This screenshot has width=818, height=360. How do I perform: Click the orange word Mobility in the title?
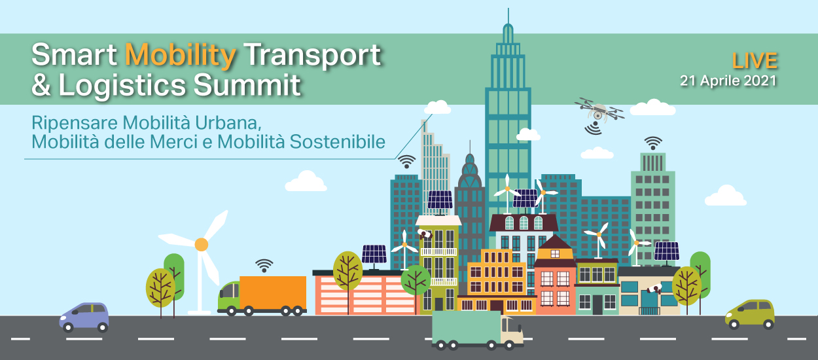pyautogui.click(x=181, y=56)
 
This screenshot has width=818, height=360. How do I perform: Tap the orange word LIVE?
pyautogui.click(x=755, y=61)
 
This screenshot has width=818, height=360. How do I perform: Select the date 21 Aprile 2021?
pyautogui.click(x=728, y=81)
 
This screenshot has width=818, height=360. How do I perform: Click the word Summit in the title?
pyautogui.click(x=247, y=84)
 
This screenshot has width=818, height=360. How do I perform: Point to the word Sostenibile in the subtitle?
pyautogui.click(x=338, y=141)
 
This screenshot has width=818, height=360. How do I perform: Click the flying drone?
pyautogui.click(x=599, y=109)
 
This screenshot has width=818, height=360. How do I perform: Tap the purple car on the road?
pyautogui.click(x=84, y=317)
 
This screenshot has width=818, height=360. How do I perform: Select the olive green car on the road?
pyautogui.click(x=750, y=314)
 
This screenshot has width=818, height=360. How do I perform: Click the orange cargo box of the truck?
pyautogui.click(x=273, y=293)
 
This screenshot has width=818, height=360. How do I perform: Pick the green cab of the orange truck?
pyautogui.click(x=228, y=295)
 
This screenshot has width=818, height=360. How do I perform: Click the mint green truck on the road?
pyautogui.click(x=477, y=330)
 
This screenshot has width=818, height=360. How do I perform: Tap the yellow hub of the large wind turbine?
pyautogui.click(x=201, y=244)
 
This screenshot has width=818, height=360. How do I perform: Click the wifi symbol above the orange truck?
pyautogui.click(x=264, y=266)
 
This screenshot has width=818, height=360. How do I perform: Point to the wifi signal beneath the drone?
pyautogui.click(x=594, y=128)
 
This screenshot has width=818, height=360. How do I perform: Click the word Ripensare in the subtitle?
pyautogui.click(x=75, y=124)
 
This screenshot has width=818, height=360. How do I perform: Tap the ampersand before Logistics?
pyautogui.click(x=41, y=84)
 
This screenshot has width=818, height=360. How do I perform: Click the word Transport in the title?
pyautogui.click(x=313, y=56)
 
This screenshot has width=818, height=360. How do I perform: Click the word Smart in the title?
pyautogui.click(x=74, y=55)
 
